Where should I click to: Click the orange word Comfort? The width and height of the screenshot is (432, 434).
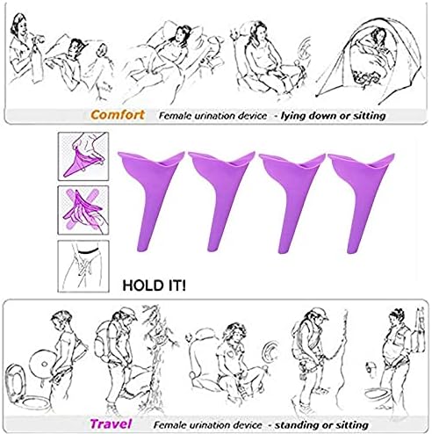118,114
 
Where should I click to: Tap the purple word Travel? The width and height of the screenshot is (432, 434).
111,424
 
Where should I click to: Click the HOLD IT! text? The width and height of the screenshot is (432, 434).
154,286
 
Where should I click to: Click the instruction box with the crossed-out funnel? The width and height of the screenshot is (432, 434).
83,210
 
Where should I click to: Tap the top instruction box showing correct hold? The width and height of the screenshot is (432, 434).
83,156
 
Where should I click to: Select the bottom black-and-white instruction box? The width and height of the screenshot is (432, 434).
83,266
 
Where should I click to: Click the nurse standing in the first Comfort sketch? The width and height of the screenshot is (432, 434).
24,48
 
